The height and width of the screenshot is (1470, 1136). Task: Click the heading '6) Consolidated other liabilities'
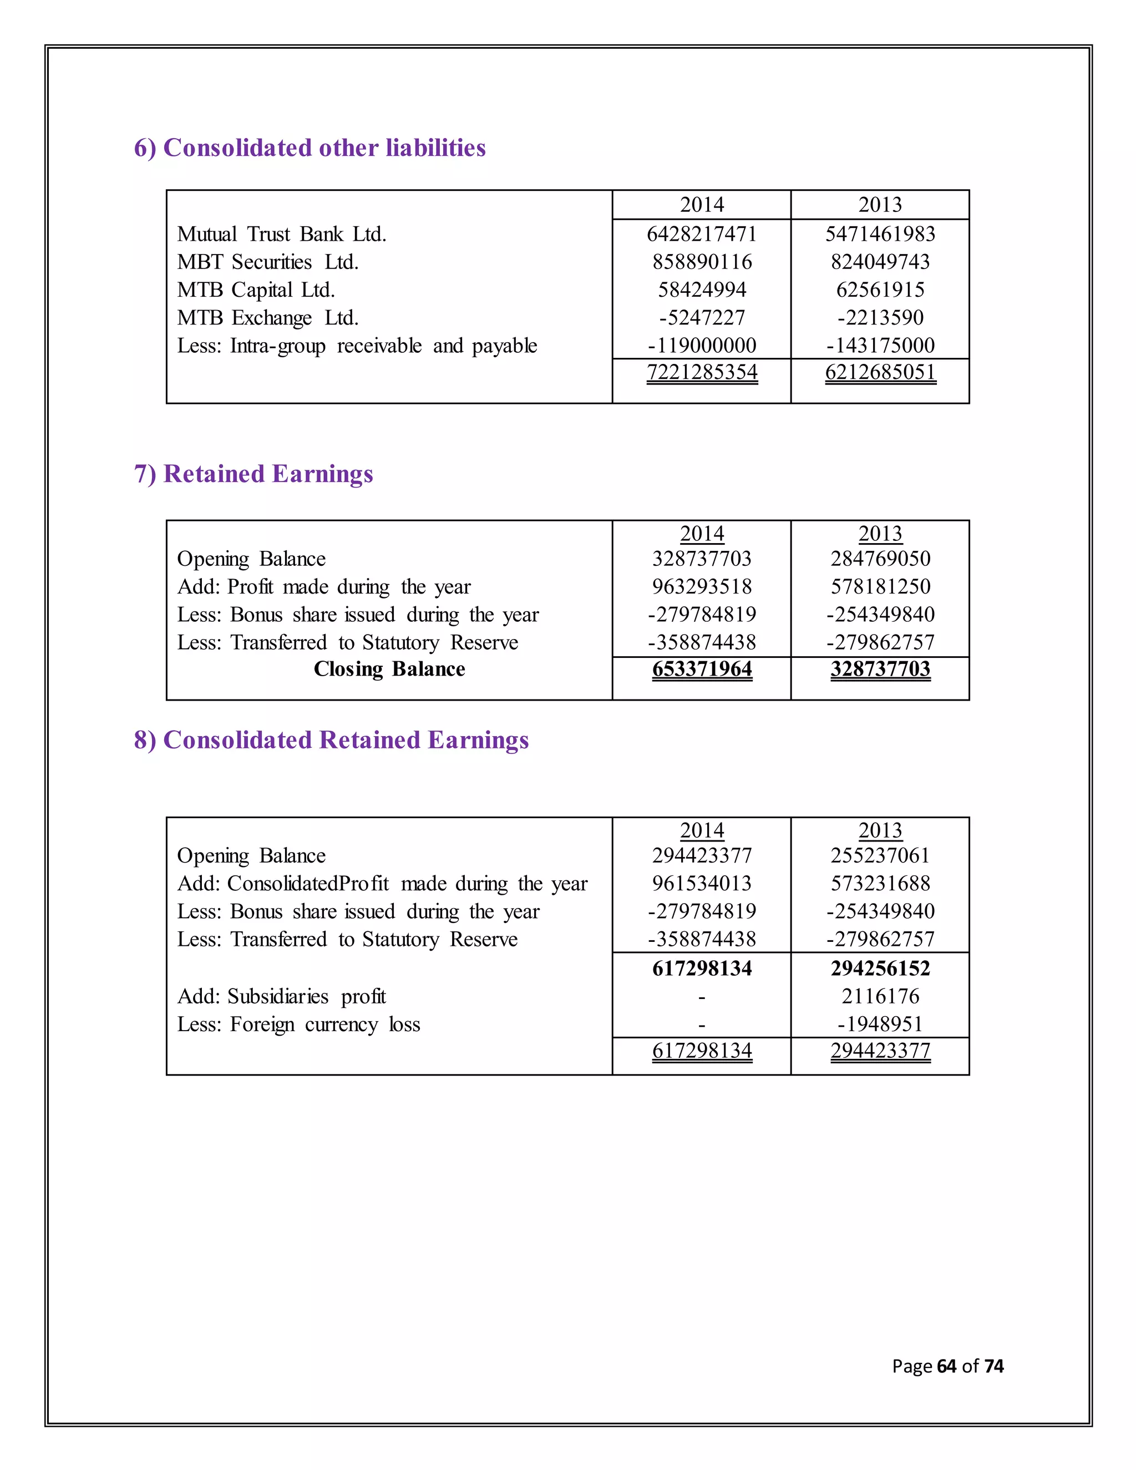point(310,148)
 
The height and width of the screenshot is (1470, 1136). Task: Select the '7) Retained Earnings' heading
point(253,474)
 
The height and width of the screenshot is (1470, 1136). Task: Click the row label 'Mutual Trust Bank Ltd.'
point(281,234)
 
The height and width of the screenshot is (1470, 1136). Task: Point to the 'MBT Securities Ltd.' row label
point(267,262)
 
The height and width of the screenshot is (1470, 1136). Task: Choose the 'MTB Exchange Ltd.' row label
point(267,318)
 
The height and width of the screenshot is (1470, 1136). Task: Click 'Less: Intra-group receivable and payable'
point(357,346)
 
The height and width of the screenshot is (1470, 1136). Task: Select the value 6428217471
point(701,234)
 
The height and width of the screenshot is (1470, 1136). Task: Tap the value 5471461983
point(880,234)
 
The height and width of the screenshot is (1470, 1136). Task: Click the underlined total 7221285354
point(701,372)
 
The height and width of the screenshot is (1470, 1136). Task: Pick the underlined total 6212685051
point(880,372)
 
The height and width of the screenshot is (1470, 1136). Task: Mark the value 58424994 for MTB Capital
point(701,290)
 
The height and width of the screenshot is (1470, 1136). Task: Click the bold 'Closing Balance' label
point(389,669)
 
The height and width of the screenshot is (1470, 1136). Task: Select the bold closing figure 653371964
point(701,669)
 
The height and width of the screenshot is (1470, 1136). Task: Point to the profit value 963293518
point(701,586)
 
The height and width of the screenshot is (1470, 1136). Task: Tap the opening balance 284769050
point(880,559)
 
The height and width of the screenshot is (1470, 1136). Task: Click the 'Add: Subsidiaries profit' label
point(281,996)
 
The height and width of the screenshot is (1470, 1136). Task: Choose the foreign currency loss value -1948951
point(880,1025)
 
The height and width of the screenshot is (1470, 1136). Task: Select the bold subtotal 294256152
point(880,969)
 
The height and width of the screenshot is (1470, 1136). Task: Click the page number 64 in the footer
point(946,1366)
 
